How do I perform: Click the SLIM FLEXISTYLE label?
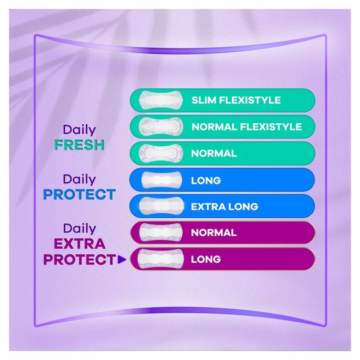pyautogui.click(x=236, y=101)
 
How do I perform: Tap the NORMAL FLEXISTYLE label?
pyautogui.click(x=246, y=127)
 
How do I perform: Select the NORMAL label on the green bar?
pyautogui.click(x=214, y=154)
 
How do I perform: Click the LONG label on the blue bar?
pyautogui.click(x=206, y=181)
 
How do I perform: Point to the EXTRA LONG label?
pyautogui.click(x=224, y=206)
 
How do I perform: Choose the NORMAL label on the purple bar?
pyautogui.click(x=214, y=232)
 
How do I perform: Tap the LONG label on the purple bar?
pyautogui.click(x=206, y=259)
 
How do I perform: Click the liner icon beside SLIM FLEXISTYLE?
pyautogui.click(x=160, y=101)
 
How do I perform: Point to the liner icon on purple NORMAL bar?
pyautogui.click(x=161, y=232)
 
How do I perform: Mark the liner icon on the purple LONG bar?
pyautogui.click(x=161, y=259)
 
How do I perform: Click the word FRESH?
pyautogui.click(x=79, y=145)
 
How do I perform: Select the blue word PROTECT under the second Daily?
pyautogui.click(x=79, y=195)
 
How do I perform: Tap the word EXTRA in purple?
pyautogui.click(x=79, y=244)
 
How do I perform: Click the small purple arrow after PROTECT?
pyautogui.click(x=120, y=260)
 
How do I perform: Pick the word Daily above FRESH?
pyautogui.click(x=79, y=130)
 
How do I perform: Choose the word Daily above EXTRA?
pyautogui.click(x=79, y=228)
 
